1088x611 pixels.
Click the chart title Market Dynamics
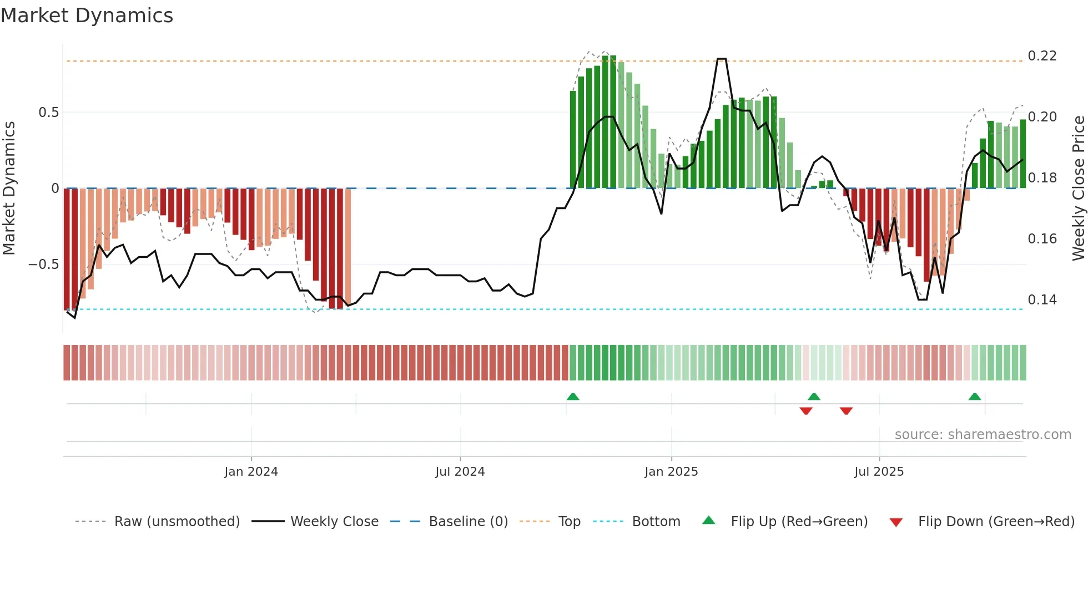[87, 16]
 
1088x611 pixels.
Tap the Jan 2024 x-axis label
[251, 472]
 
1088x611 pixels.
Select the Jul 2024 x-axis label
[460, 472]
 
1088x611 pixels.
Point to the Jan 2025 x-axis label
[671, 472]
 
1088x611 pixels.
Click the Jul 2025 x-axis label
[879, 472]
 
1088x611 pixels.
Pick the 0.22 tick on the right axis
[1042, 56]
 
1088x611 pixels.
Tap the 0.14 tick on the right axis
[1042, 300]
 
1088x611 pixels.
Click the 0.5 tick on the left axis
[48, 113]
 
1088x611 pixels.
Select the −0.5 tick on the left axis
[44, 264]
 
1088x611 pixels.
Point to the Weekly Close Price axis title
[1078, 188]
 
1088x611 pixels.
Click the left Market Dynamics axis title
[9, 188]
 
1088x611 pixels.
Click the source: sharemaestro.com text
[983, 435]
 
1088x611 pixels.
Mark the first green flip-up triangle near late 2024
[573, 396]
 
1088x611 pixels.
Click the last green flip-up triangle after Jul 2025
[974, 396]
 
